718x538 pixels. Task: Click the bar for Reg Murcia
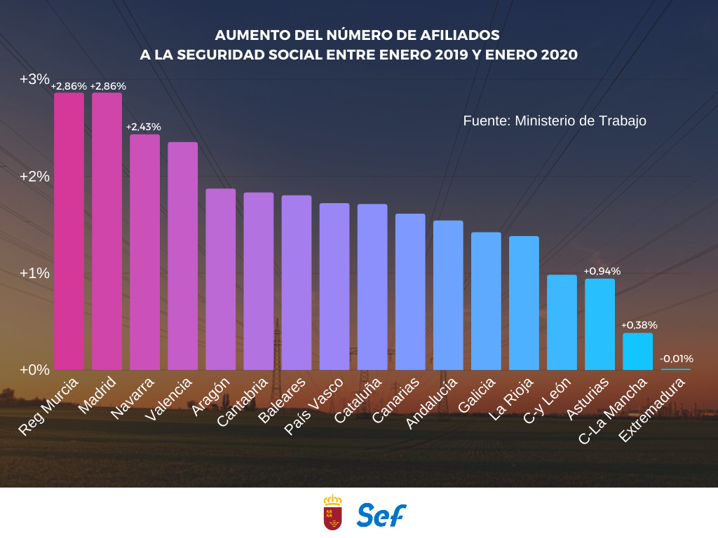pos(69,231)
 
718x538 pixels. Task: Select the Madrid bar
pos(107,231)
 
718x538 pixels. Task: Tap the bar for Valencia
pos(183,256)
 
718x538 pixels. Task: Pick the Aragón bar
pos(221,279)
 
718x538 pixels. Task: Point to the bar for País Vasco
pos(334,287)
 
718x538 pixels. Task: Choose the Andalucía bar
pos(448,295)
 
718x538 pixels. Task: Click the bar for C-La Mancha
pos(637,351)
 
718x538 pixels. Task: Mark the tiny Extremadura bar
pos(675,369)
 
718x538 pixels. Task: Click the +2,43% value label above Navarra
pos(144,127)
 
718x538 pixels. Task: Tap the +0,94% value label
pos(602,271)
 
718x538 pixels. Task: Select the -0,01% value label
pos(677,359)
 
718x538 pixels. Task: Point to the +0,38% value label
pos(639,325)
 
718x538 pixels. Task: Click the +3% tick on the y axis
pos(34,79)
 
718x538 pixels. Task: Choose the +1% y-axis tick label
pos(34,273)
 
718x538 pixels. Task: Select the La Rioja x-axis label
pos(511,399)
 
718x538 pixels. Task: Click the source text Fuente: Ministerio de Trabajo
pos(555,120)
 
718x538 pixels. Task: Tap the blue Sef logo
pos(381,515)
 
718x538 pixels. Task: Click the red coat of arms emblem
pos(332,512)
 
